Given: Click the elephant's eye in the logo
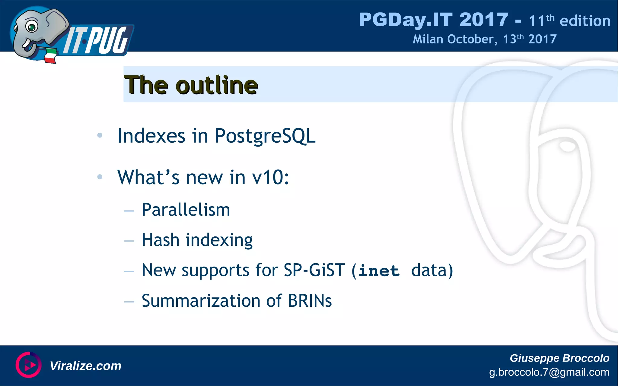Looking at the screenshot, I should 31,27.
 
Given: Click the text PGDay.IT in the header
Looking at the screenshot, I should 406,20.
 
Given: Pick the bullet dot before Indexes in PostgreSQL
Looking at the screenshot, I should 100,135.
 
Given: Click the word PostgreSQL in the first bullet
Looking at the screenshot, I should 265,136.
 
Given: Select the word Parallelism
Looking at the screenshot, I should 186,210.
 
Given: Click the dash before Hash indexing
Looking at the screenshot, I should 129,241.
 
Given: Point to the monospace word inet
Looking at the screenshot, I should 379,271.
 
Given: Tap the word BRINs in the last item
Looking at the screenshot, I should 310,301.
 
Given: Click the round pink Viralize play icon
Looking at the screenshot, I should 28,365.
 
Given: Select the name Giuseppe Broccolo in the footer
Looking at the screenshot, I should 559,358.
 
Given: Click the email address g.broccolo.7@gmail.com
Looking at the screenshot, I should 549,372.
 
